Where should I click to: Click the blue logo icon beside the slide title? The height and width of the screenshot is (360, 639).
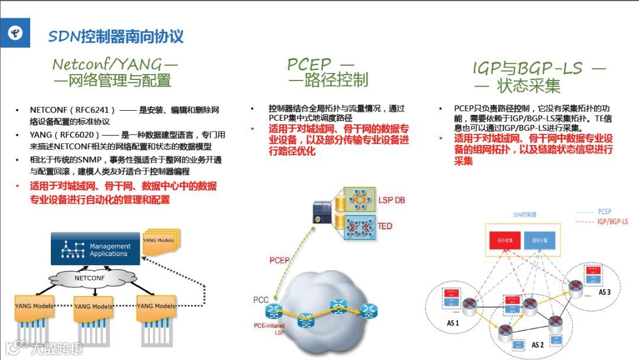point(16,33)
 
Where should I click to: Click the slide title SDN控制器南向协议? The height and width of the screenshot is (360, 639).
point(116,37)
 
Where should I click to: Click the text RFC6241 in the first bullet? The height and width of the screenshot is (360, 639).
point(92,110)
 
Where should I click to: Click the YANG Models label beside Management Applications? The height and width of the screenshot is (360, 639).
point(159,240)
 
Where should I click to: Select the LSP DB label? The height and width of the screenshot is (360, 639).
point(392,200)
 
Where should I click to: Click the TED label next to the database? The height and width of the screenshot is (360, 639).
point(385,226)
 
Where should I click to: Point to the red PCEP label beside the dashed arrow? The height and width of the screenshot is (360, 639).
point(280,260)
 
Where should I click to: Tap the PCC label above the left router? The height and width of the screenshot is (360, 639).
point(261,300)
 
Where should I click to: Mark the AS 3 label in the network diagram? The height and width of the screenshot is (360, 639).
point(605,292)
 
